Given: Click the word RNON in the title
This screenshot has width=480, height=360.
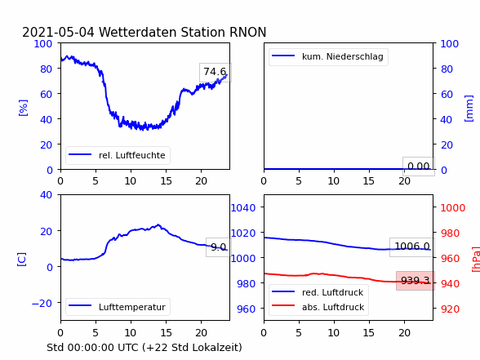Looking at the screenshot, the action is pyautogui.click(x=247, y=32).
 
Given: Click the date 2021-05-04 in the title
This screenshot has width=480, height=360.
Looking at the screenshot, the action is pyautogui.click(x=58, y=32).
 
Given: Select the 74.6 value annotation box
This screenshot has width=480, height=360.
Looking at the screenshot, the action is pyautogui.click(x=216, y=72).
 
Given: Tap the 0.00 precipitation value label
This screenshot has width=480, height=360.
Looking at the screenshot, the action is pyautogui.click(x=419, y=167).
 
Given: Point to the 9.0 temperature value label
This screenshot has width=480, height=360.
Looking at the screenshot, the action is pyautogui.click(x=218, y=247).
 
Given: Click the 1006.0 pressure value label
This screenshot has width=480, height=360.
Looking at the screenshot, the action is pyautogui.click(x=412, y=247).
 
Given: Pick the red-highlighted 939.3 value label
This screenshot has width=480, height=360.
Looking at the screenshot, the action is pyautogui.click(x=416, y=281).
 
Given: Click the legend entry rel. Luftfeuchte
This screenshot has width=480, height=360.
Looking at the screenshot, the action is pyautogui.click(x=118, y=155).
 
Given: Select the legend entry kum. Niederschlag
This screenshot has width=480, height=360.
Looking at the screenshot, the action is pyautogui.click(x=328, y=56).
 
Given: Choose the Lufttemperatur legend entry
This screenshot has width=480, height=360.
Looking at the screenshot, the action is pyautogui.click(x=118, y=307).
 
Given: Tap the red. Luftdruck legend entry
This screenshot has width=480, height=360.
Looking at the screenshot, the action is pyautogui.click(x=318, y=292).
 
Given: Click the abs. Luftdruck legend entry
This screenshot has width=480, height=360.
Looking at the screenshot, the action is pyautogui.click(x=318, y=307).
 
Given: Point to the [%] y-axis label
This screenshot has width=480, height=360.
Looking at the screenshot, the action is pyautogui.click(x=23, y=108).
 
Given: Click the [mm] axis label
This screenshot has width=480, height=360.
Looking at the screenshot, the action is pyautogui.click(x=469, y=109).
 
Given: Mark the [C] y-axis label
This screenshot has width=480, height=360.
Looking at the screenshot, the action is pyautogui.click(x=21, y=260).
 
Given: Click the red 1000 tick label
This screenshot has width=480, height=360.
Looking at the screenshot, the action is pyautogui.click(x=453, y=208).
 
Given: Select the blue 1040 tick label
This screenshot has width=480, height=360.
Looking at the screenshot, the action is pyautogui.click(x=242, y=208).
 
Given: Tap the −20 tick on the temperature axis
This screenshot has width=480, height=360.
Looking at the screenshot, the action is pyautogui.click(x=42, y=304).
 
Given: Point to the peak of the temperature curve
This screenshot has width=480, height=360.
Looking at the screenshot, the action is pyautogui.click(x=158, y=224).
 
